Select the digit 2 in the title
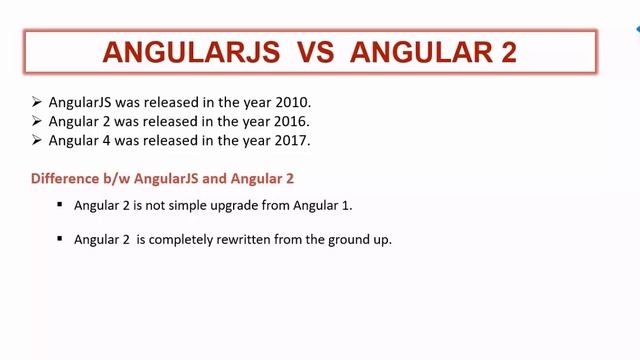click(507, 52)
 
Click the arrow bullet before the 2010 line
click(37, 102)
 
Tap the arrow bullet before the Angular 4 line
click(37, 140)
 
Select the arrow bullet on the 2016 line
click(37, 121)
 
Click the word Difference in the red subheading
click(64, 179)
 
